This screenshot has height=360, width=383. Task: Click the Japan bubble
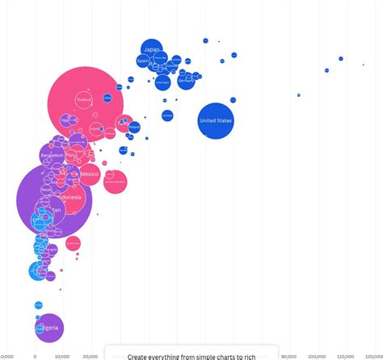(x=151, y=49)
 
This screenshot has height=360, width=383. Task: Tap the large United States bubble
(x=215, y=121)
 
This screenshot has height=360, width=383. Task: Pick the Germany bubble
(x=186, y=79)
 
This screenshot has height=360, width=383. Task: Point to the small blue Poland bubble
(x=134, y=127)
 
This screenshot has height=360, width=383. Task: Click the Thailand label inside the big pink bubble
(x=84, y=99)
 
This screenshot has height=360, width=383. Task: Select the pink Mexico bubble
(x=90, y=174)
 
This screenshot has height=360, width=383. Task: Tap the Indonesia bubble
(x=68, y=197)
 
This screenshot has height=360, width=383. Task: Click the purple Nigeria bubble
(x=48, y=329)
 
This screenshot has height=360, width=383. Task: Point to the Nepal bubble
(x=46, y=189)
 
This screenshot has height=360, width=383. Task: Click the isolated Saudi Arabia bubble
(x=167, y=115)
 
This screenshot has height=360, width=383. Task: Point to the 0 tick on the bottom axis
(x=35, y=355)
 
